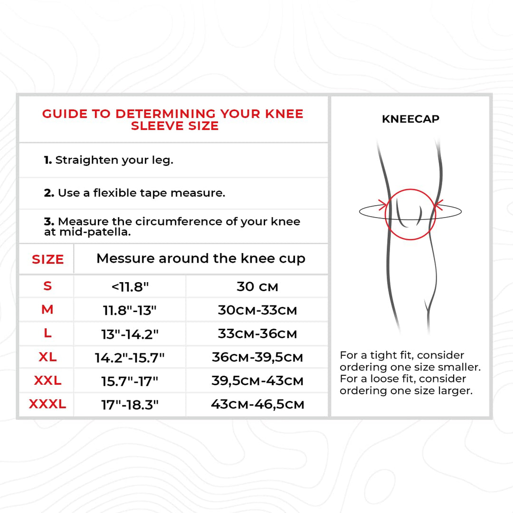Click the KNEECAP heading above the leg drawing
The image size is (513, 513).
point(410,119)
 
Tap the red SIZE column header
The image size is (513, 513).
point(48,259)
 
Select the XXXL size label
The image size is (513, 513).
point(47,404)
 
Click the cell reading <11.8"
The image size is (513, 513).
point(130,287)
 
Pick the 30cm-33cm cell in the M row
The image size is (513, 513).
point(257,310)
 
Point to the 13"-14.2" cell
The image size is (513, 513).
point(130,334)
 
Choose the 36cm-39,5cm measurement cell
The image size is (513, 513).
point(257,357)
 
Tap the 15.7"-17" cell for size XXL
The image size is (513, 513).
point(130,381)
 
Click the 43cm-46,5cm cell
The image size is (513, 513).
point(257,404)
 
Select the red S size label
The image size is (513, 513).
point(48,286)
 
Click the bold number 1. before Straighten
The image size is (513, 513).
point(48,160)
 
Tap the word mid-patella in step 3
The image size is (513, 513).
point(95,232)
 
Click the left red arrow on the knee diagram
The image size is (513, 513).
point(382,205)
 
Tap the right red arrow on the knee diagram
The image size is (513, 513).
point(438,205)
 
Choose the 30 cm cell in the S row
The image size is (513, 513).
point(257,286)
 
